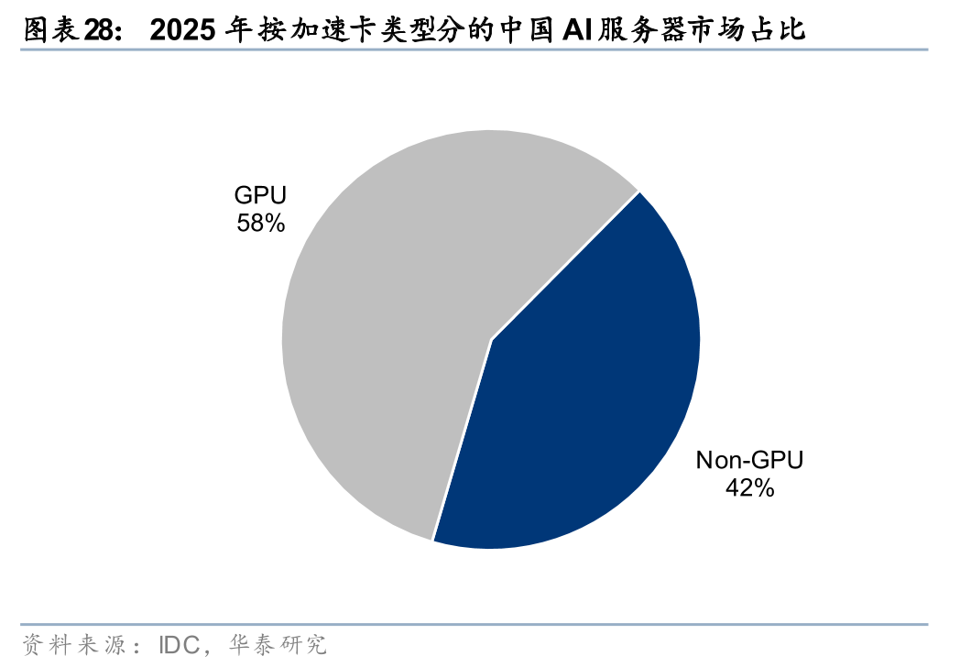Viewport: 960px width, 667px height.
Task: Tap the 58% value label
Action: click(260, 223)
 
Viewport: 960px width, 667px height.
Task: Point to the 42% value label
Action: click(749, 487)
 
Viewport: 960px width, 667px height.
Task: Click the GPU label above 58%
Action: click(260, 195)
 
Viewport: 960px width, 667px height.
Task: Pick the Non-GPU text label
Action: click(749, 460)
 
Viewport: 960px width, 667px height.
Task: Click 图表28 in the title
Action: click(68, 30)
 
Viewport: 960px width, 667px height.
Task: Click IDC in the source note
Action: click(180, 645)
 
